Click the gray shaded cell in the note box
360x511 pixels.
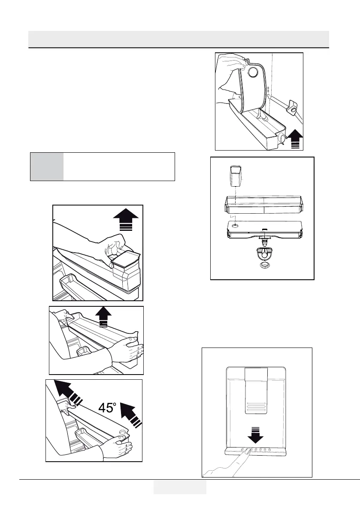coord(47,166)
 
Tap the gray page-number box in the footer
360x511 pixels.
coord(180,487)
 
